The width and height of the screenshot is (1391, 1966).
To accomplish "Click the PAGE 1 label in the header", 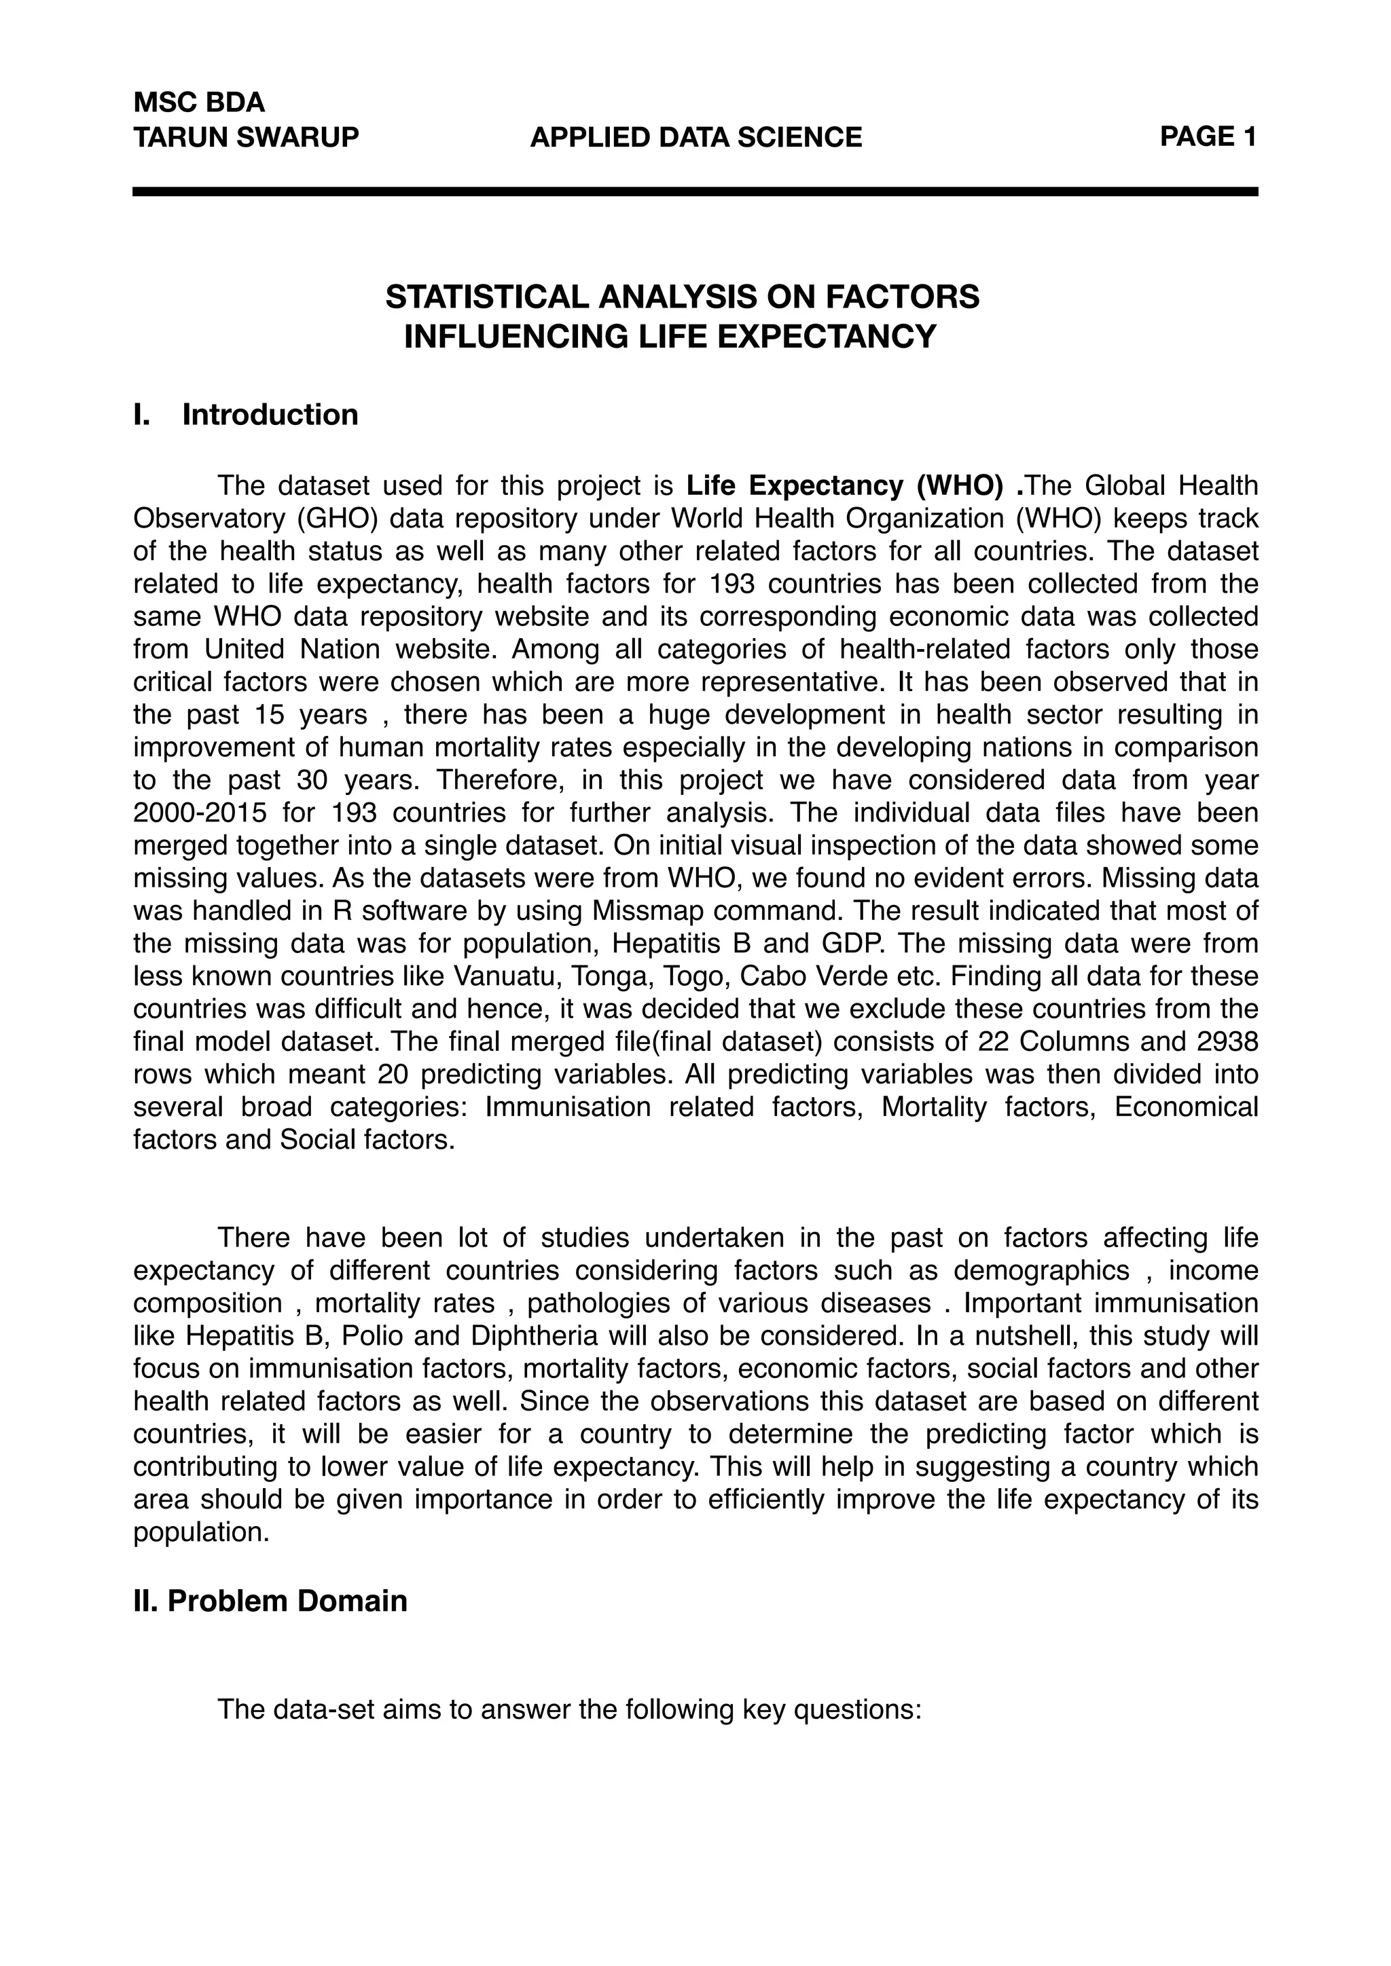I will point(1208,136).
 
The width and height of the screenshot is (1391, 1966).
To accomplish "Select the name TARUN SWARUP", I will point(246,137).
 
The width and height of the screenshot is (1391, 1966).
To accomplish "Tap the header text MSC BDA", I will point(199,103).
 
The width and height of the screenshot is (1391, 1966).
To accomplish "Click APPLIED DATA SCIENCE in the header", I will point(695,137).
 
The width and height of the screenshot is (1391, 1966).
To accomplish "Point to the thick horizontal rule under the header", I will point(695,192).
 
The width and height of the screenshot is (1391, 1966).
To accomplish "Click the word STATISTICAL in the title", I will point(488,297).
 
